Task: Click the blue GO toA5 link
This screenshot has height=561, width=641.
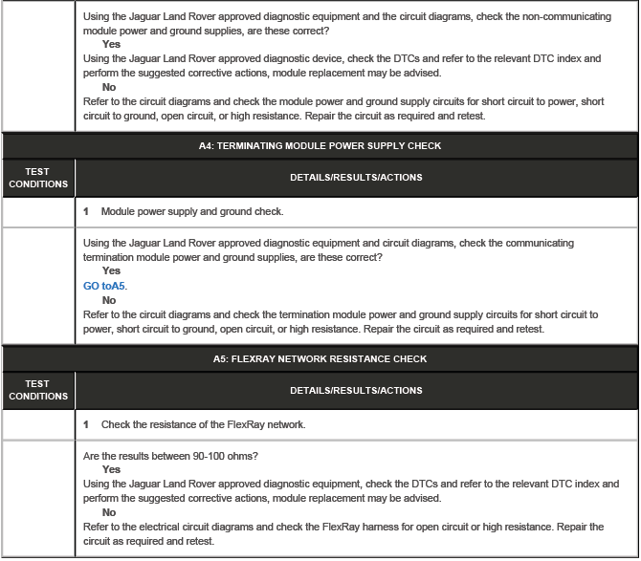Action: (x=105, y=286)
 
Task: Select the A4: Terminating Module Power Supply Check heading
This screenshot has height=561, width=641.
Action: (x=320, y=146)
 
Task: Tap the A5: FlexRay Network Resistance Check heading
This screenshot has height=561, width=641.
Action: (x=320, y=359)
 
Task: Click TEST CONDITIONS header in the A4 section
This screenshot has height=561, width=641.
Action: (x=37, y=178)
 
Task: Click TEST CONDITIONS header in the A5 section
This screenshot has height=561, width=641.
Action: (x=37, y=391)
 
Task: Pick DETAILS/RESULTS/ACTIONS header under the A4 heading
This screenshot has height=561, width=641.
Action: (x=356, y=178)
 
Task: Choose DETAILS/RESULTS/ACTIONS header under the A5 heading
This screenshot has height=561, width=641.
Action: (x=356, y=391)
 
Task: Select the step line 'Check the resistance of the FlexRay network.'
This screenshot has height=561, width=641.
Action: (x=204, y=424)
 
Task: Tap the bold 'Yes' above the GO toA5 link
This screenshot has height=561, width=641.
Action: (x=111, y=271)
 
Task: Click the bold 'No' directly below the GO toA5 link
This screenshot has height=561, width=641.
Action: (x=109, y=300)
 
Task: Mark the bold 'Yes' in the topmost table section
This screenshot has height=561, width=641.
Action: (x=111, y=44)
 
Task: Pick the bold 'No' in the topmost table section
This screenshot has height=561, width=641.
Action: (x=109, y=87)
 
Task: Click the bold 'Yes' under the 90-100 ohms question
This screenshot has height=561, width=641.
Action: (x=111, y=470)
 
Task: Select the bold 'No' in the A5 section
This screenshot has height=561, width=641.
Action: (x=109, y=512)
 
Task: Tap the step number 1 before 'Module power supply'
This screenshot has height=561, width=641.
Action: (x=86, y=211)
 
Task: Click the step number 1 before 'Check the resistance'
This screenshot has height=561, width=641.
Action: (x=86, y=424)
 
